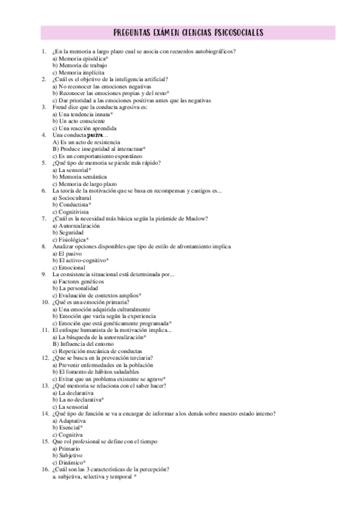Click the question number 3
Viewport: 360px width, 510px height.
44,107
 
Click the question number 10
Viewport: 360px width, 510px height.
45,302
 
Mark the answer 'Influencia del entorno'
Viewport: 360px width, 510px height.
82,344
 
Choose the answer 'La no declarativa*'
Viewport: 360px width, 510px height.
78,399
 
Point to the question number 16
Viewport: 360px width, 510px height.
45,469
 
